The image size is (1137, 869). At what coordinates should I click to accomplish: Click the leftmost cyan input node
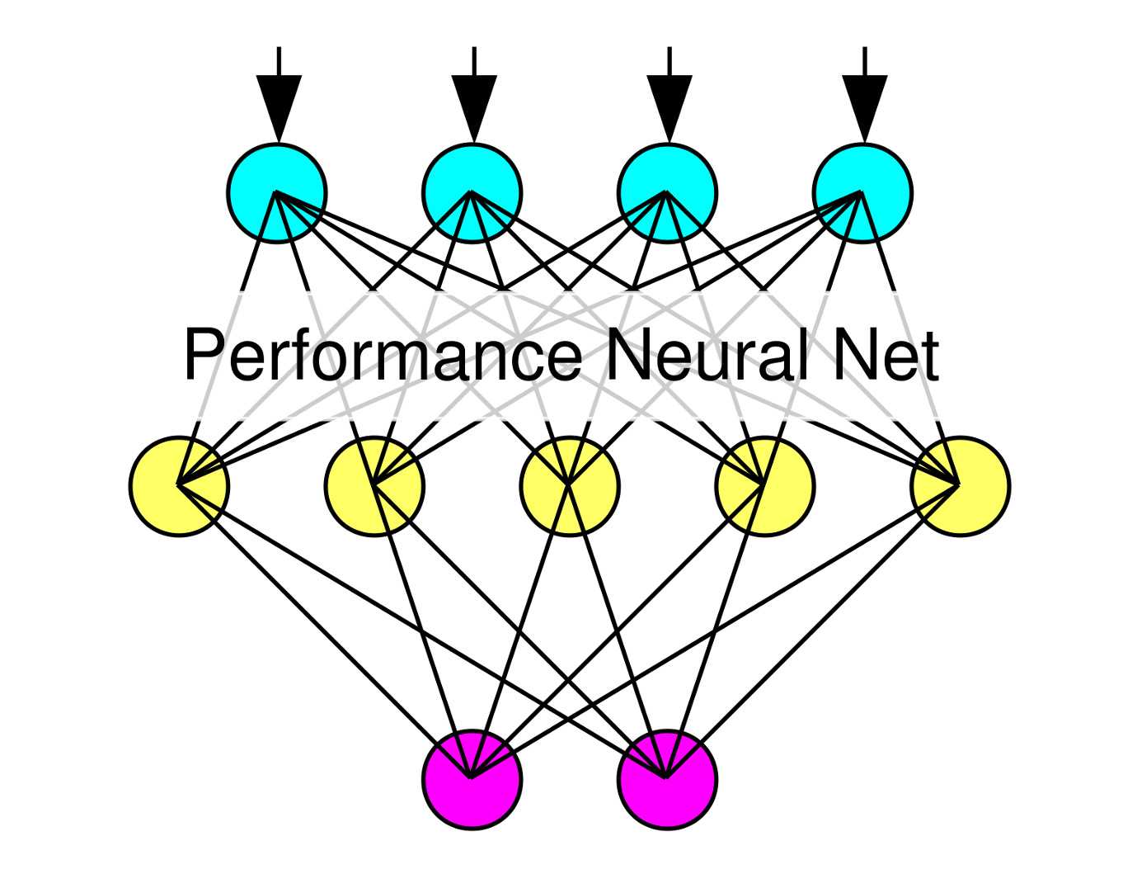click(x=277, y=193)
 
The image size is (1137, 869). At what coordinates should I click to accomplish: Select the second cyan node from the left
click(x=472, y=193)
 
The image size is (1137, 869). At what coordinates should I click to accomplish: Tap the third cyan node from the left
click(x=667, y=193)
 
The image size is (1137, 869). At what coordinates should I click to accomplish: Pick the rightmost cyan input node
click(x=862, y=193)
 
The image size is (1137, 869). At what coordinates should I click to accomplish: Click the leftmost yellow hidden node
click(x=179, y=486)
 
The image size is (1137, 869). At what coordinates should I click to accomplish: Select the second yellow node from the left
click(x=374, y=486)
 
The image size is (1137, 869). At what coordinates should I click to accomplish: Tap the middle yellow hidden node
click(x=570, y=486)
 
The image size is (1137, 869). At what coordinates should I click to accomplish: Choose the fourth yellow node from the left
click(x=765, y=486)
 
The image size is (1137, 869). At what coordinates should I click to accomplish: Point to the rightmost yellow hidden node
click(x=961, y=486)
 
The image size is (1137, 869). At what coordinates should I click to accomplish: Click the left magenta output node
click(x=472, y=779)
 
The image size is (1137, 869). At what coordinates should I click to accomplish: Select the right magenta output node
click(x=667, y=779)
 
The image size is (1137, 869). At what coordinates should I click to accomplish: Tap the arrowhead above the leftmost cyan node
click(x=279, y=103)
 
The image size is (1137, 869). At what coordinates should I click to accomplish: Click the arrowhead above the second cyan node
click(x=474, y=103)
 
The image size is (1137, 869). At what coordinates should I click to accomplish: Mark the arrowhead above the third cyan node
click(x=669, y=103)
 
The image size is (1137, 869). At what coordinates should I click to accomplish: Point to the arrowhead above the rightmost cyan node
click(x=864, y=103)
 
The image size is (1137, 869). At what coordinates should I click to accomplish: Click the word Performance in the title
click(x=383, y=357)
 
